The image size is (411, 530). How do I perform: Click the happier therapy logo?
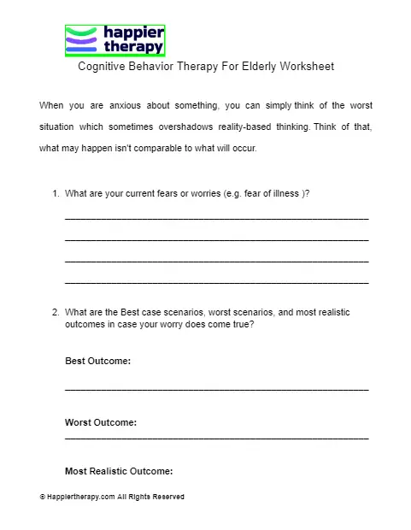(114, 40)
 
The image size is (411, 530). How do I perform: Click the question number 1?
(56, 193)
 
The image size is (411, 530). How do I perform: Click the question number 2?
(56, 313)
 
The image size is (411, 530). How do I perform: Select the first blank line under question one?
(216, 220)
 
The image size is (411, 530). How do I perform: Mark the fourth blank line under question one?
(216, 282)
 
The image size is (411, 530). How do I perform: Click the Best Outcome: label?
(97, 362)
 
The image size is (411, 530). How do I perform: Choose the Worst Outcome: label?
(101, 422)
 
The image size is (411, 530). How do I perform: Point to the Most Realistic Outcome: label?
(119, 471)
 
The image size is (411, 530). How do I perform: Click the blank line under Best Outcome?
(216, 390)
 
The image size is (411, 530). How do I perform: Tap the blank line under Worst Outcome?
(216, 439)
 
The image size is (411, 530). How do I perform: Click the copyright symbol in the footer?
(42, 497)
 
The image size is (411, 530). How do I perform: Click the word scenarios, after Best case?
(200, 313)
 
